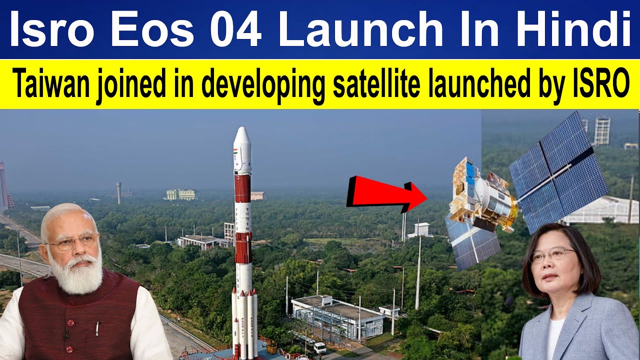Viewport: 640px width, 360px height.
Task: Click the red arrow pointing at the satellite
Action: point(385,192)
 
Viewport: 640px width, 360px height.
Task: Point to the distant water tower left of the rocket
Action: point(118,192)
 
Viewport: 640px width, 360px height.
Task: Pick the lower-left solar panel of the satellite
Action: point(472,242)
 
